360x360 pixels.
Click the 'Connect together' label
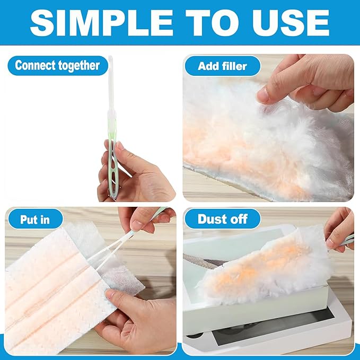coord(57,66)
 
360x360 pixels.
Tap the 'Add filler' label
coord(223,66)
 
